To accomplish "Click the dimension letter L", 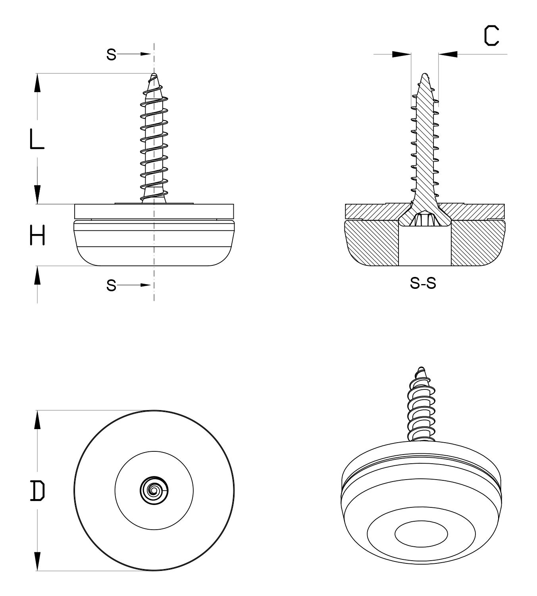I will pyautogui.click(x=37, y=139).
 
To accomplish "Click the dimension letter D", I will pyautogui.click(x=37, y=490).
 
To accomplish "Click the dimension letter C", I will pyautogui.click(x=491, y=36).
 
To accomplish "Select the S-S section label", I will pyautogui.click(x=423, y=283).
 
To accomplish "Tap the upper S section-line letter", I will pyautogui.click(x=112, y=54).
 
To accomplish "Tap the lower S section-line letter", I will pyautogui.click(x=112, y=285).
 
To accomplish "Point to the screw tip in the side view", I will pyautogui.click(x=154, y=75).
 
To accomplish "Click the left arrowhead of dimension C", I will pyautogui.click(x=401, y=54).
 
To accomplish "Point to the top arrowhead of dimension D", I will pyautogui.click(x=37, y=420).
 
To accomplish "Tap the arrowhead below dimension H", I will pyautogui.click(x=37, y=275).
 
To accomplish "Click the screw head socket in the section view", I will pyautogui.click(x=425, y=219).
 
